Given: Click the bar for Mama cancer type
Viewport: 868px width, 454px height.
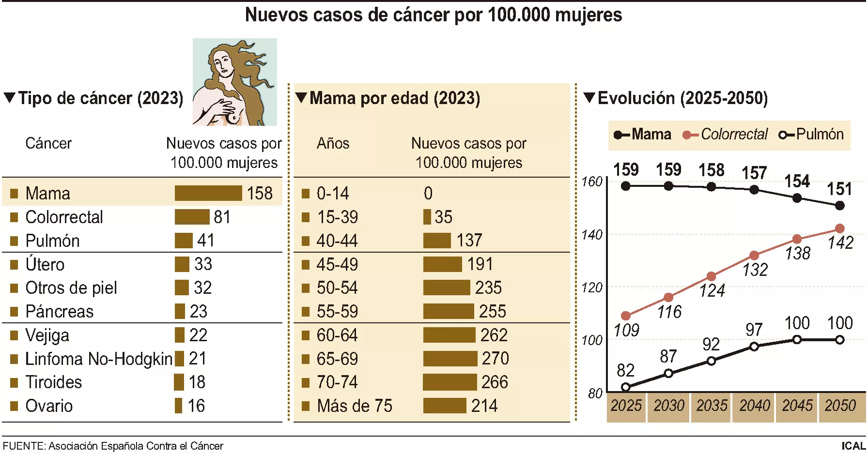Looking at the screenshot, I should pos(208,193).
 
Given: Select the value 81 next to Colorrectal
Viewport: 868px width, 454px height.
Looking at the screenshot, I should pos(222,217).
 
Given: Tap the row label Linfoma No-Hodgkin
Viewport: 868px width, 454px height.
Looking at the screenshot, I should pos(98,359).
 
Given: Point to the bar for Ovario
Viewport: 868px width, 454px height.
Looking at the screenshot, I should pos(178,406).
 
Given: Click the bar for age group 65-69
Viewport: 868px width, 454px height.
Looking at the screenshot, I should pos(450,359).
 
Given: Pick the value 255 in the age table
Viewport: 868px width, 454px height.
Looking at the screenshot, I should pos(492,311).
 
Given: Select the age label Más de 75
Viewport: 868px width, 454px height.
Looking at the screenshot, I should pos(354,406).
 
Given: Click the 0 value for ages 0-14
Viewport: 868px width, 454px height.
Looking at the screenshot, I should pos(428,193).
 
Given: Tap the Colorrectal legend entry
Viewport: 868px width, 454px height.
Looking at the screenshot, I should pos(725,134).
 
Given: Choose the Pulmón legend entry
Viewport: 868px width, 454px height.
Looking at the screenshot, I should pos(811,134).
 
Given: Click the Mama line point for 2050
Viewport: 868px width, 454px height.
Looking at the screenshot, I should pos(840,206).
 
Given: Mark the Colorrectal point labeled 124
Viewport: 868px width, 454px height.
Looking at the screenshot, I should pos(711,276).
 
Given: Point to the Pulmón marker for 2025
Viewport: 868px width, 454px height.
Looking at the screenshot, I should pos(625,387).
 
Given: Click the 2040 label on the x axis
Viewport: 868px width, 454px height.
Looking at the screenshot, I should pos(754,406).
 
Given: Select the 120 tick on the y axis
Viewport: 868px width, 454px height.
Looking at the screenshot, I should pos(591,288).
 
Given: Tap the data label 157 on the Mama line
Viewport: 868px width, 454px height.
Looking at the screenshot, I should pos(754,173).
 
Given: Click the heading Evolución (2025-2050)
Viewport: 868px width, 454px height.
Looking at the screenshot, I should pos(682,98).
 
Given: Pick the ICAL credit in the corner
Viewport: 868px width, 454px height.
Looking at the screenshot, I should pos(853,446).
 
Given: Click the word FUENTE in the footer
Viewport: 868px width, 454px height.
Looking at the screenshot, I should pos(23,446).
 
